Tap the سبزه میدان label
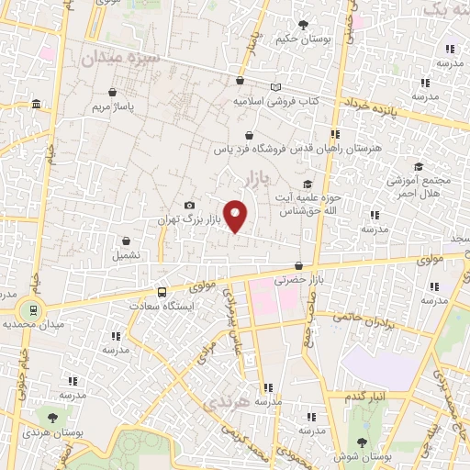120,59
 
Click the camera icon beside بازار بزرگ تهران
189,206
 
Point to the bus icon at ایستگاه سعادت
162,292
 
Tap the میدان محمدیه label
31,325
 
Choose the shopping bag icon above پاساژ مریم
112,92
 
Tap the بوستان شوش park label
363,454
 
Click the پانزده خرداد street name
372,108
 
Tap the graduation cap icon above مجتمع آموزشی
419,166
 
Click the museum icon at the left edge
35,103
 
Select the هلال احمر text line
418,195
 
